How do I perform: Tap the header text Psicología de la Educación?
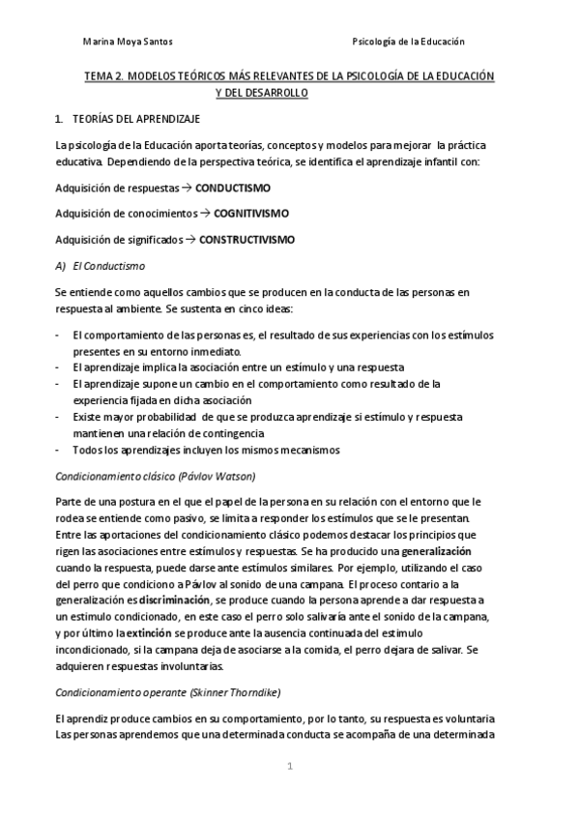tap(410, 42)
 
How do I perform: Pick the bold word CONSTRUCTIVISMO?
tap(247, 239)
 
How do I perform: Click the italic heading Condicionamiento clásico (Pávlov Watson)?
tap(155, 476)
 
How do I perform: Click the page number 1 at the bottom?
tap(289, 767)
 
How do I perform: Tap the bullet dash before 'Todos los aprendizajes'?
tap(61, 449)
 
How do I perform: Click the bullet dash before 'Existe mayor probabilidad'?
tap(61, 417)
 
